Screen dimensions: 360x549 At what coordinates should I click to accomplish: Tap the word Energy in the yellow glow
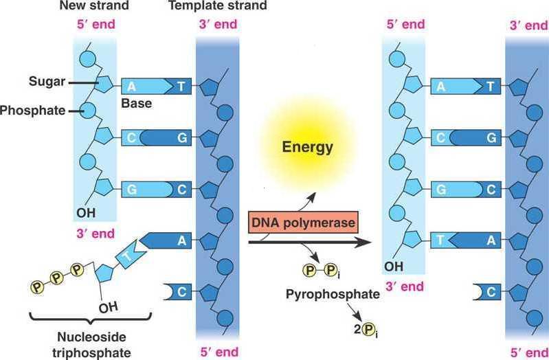[x=308, y=146]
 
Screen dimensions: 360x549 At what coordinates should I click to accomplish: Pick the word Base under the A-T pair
[x=136, y=104]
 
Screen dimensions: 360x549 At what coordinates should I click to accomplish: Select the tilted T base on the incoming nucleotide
[x=128, y=257]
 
